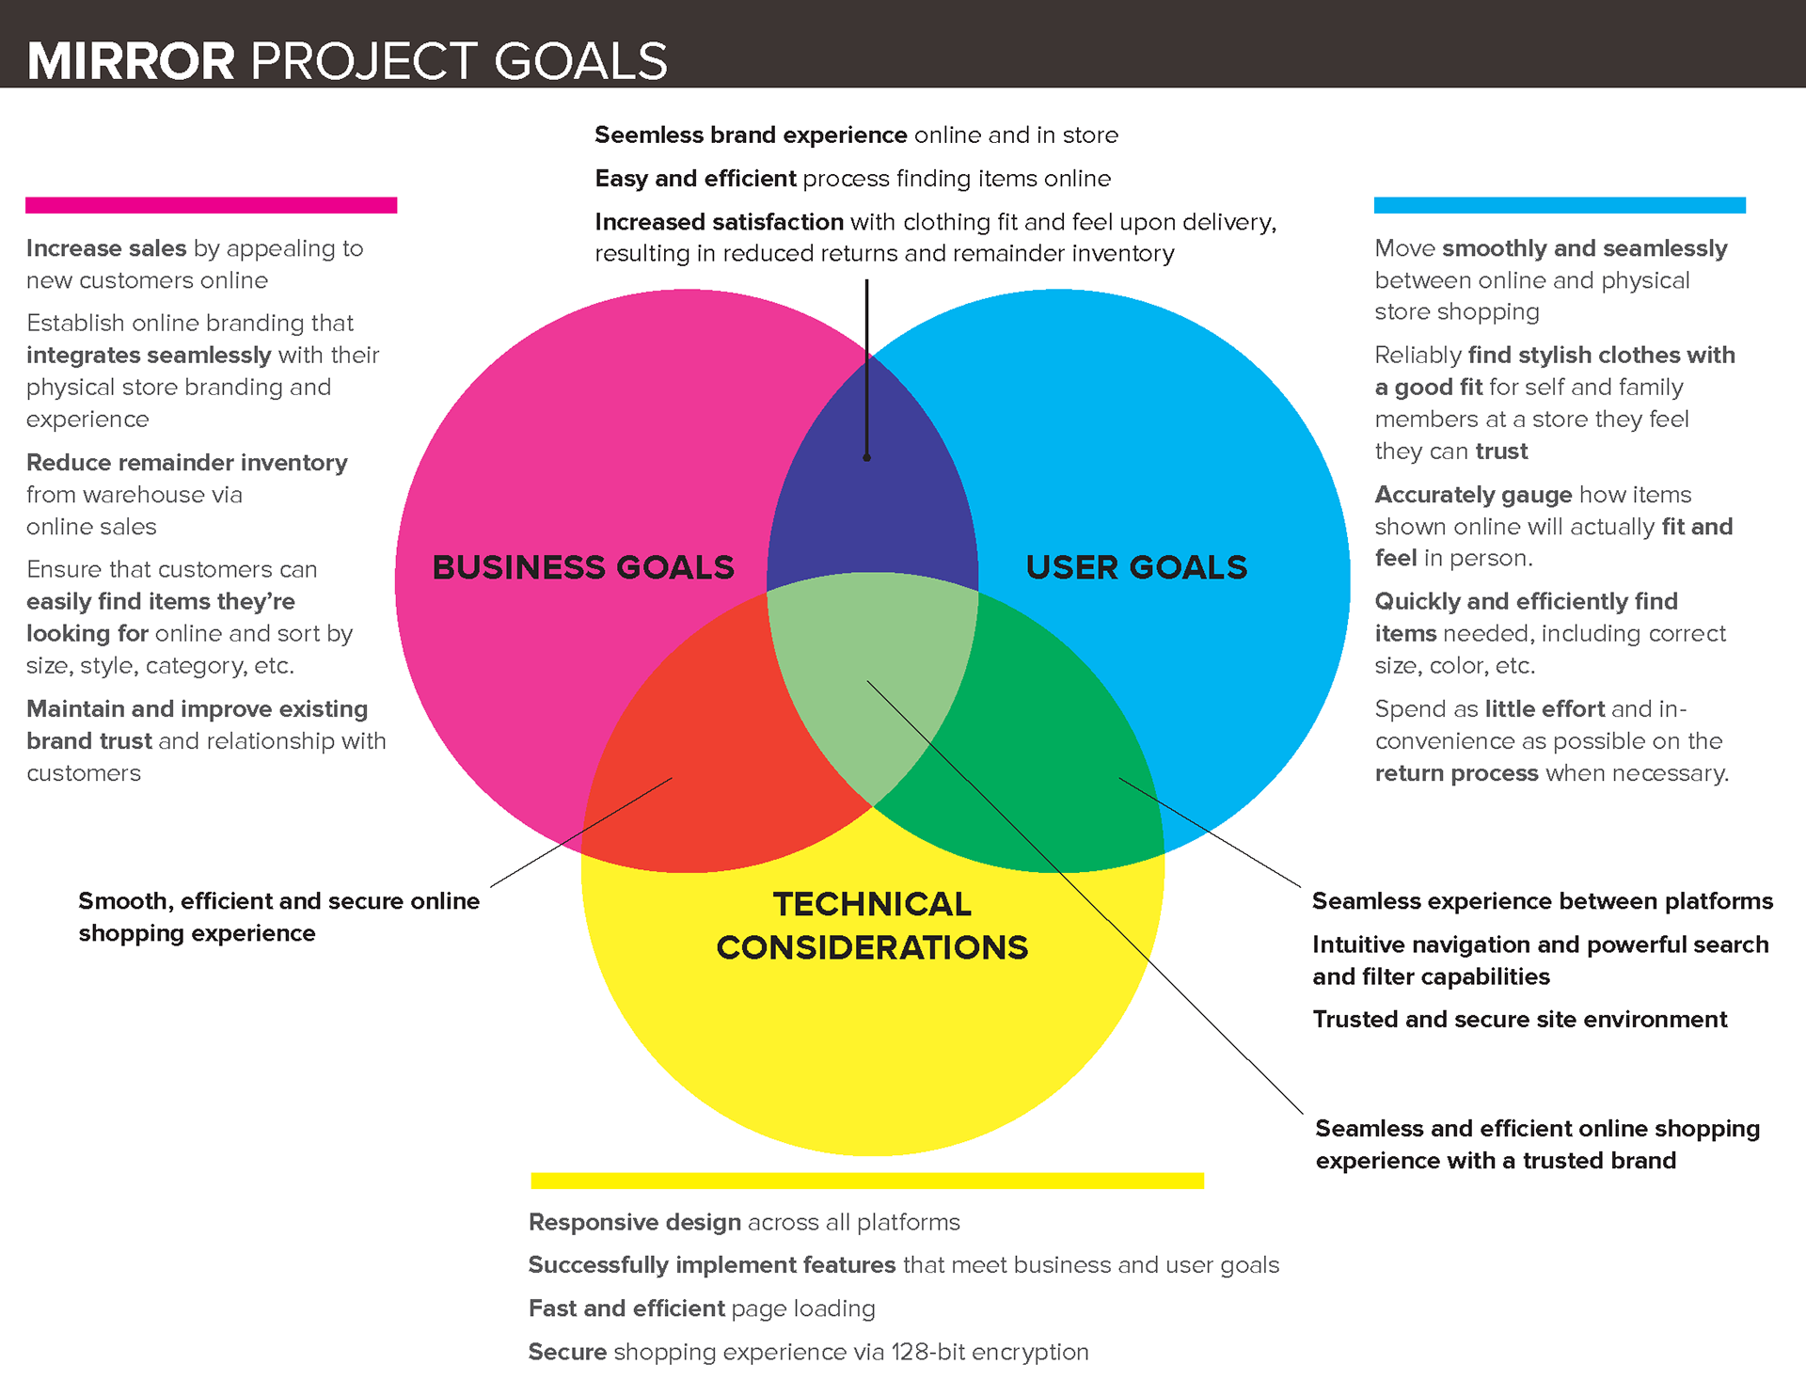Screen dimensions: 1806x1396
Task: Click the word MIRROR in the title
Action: click(131, 62)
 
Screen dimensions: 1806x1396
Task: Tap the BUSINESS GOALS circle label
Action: click(582, 567)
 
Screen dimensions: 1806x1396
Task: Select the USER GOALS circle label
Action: click(1136, 567)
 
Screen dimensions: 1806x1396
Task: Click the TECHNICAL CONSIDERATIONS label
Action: click(872, 926)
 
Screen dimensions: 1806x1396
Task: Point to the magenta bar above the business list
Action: click(211, 205)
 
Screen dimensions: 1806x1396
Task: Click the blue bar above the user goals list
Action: click(1560, 205)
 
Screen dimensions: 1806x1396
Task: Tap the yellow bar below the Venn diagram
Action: click(866, 1181)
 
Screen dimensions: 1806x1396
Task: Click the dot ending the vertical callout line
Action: click(866, 458)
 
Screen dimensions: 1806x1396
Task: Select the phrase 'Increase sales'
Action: click(106, 248)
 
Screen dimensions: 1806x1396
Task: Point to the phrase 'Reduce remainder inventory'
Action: click(186, 463)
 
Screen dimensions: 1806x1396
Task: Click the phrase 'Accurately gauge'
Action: click(1473, 495)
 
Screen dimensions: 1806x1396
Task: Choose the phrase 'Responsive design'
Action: click(635, 1222)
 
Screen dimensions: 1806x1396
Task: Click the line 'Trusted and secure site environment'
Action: click(1519, 1020)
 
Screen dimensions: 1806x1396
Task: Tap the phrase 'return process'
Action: click(1456, 773)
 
